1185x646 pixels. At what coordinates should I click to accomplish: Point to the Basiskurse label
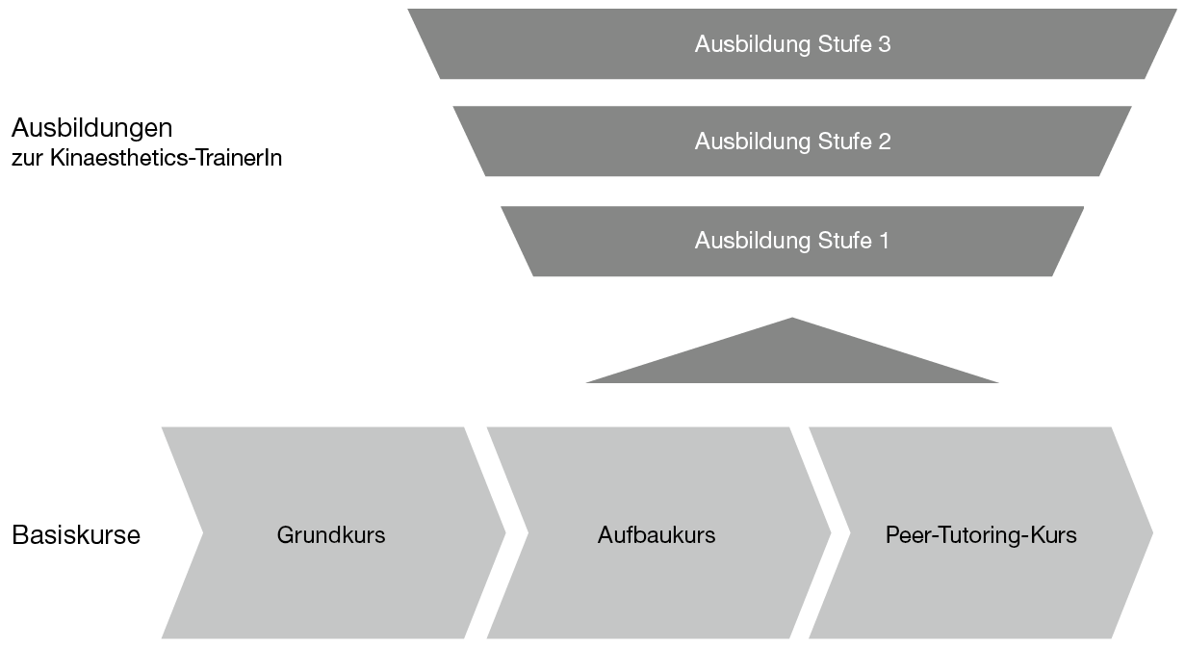coord(76,535)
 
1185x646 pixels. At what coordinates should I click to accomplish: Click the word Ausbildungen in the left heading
coord(91,127)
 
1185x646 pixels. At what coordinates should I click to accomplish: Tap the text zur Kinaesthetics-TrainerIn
coord(146,157)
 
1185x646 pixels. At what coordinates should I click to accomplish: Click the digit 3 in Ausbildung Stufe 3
coord(885,44)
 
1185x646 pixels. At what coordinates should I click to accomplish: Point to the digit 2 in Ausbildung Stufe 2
coord(885,142)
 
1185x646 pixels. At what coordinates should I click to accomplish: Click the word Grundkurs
coord(331,535)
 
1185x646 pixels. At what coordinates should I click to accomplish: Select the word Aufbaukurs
coord(657,535)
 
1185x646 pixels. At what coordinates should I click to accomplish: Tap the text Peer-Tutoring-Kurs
coord(981,535)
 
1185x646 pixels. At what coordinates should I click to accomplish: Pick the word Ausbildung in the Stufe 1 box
coord(750,241)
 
